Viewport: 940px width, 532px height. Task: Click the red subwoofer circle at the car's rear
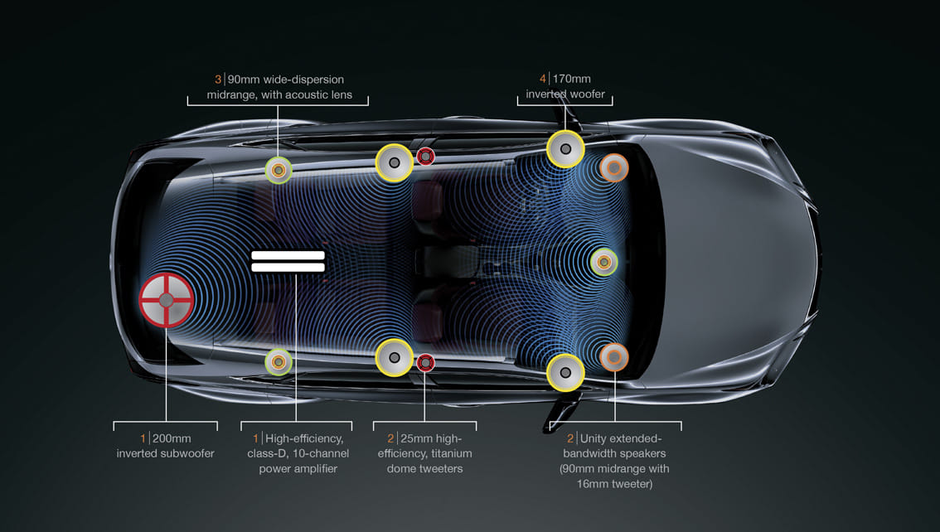tap(167, 299)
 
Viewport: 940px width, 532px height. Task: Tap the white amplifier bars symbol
tap(288, 261)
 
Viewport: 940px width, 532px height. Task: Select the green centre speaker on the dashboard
tap(603, 262)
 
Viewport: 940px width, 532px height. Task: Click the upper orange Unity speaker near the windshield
tap(614, 168)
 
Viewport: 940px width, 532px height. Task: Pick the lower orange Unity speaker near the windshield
tap(614, 356)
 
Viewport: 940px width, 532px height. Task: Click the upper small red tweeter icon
tap(425, 156)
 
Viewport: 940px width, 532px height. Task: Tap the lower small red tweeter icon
tap(425, 361)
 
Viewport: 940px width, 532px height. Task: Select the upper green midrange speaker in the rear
tap(279, 170)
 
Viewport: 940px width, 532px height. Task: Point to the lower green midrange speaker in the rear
tap(278, 362)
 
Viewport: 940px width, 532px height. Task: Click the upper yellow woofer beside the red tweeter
tap(395, 163)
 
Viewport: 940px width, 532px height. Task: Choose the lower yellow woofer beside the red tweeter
tap(395, 358)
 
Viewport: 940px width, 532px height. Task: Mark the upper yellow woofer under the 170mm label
tap(565, 149)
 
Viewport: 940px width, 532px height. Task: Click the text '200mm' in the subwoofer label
tap(172, 438)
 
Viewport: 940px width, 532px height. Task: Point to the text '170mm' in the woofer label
tap(571, 80)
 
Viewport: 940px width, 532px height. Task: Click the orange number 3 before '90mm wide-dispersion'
tap(218, 80)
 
